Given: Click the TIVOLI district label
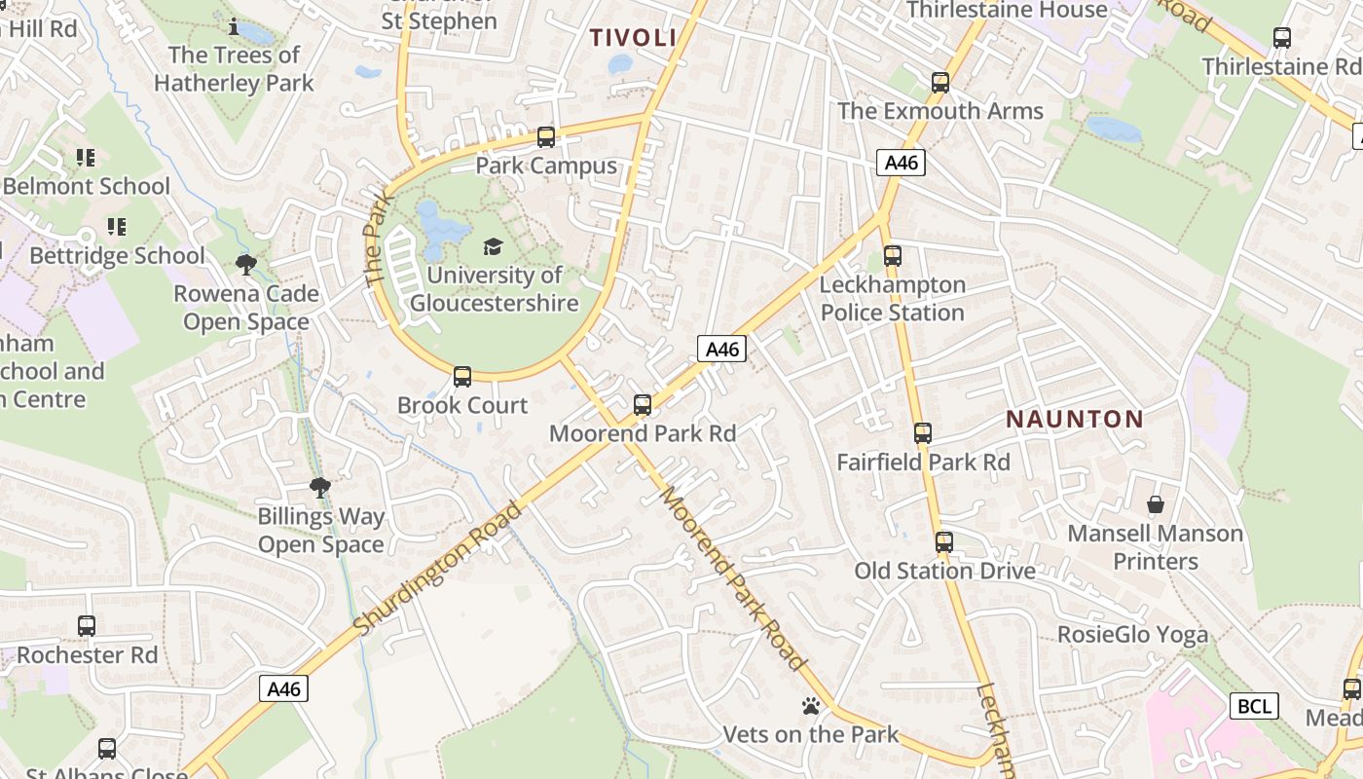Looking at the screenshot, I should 633,38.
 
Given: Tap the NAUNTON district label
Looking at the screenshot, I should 1074,420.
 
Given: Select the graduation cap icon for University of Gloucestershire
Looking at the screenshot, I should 494,247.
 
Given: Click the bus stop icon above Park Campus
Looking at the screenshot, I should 546,137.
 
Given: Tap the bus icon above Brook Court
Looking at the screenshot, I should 462,377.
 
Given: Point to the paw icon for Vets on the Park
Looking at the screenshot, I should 810,706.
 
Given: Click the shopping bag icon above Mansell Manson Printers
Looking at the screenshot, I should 1156,504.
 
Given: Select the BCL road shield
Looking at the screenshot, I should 1253,706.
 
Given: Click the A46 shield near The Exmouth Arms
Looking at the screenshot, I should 901,163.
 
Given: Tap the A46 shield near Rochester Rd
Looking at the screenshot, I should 284,688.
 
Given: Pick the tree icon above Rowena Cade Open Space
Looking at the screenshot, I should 246,264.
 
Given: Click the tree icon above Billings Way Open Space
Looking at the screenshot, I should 319,487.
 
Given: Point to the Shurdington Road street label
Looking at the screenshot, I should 438,570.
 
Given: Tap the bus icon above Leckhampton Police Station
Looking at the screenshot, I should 893,256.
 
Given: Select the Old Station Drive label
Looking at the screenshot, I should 944,571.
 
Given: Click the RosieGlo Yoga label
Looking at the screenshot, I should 1132,635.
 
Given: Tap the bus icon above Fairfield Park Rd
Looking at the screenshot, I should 923,433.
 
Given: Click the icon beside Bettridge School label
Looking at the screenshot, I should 117,227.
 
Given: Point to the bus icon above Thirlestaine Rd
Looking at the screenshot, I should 1282,38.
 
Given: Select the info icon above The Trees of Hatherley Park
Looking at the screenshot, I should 233,26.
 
